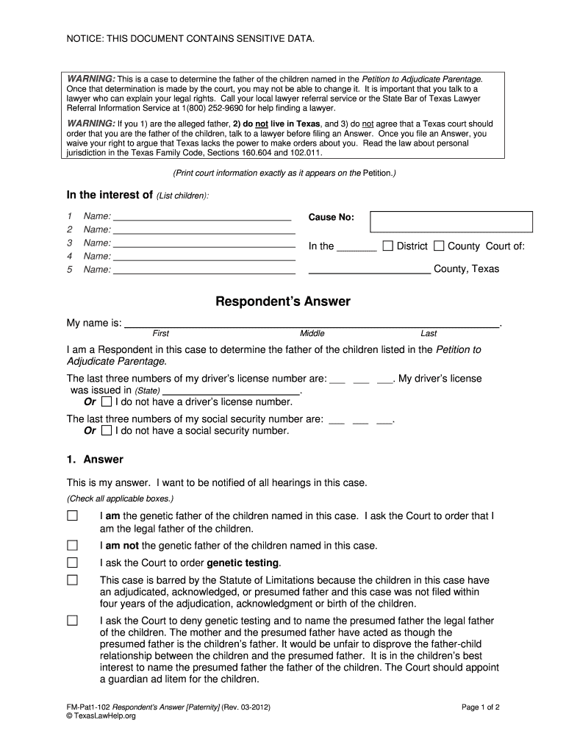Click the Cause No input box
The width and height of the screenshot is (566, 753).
coord(451,221)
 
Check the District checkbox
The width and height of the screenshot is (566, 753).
coord(388,246)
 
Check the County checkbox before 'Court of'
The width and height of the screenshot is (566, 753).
coord(439,246)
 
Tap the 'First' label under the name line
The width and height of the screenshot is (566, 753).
coord(160,333)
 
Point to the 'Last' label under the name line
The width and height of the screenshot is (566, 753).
coord(429,333)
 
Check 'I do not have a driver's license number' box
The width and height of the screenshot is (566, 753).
coord(107,402)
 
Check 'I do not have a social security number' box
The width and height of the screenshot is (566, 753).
coord(107,430)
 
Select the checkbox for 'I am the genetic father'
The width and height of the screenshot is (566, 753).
coord(72,516)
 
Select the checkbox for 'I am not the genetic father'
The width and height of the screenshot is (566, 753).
coord(72,546)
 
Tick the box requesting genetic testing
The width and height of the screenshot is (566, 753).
coord(72,563)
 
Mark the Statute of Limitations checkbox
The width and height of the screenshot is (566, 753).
coord(72,580)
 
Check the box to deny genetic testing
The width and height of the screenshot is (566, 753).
coord(72,621)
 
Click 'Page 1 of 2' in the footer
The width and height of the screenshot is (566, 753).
coord(481,707)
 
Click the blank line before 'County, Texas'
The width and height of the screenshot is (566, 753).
coord(369,270)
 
